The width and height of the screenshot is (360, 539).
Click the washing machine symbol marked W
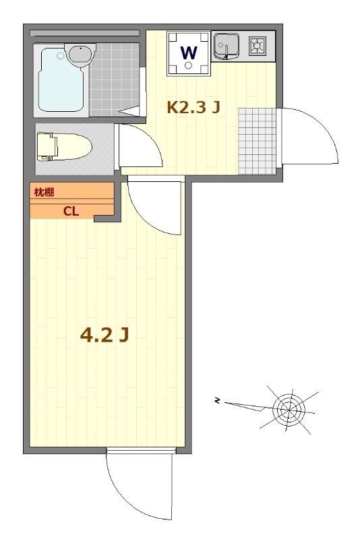[188, 53]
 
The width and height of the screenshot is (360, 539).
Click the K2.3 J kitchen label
[193, 106]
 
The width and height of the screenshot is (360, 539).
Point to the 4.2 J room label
[104, 335]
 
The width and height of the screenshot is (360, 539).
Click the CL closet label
[71, 211]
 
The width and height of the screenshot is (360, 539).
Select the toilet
[64, 145]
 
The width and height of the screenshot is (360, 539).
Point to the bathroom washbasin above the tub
[80, 53]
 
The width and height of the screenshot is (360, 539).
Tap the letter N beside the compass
[218, 402]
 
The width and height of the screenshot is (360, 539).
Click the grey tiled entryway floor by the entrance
[257, 140]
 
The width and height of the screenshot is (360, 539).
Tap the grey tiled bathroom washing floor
[115, 79]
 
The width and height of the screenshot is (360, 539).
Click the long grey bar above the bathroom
[85, 32]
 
